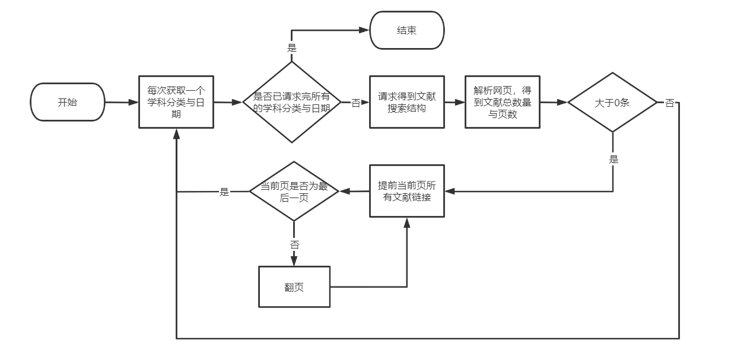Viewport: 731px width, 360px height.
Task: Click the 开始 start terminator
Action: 67,102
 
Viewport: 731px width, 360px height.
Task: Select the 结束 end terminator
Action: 406,30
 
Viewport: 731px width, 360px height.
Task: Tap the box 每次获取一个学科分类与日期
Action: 176,102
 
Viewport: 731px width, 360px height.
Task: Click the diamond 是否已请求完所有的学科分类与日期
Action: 291,102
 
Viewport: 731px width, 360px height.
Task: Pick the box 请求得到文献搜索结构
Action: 406,102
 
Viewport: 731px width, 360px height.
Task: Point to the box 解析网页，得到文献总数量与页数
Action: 503,102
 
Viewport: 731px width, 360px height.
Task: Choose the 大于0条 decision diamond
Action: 612,102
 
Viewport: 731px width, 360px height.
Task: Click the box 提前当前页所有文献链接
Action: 406,191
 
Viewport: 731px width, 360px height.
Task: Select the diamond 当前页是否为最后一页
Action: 294,191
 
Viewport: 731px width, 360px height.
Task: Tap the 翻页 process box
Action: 294,287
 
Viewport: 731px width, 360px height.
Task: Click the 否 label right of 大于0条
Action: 669,103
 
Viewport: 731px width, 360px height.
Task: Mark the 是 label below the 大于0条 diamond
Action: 613,159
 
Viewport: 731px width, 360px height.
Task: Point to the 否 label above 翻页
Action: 294,244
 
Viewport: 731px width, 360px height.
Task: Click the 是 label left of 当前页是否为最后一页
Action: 224,192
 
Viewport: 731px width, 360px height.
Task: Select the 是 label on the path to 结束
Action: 291,47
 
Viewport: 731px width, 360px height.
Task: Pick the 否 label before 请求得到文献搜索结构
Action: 355,103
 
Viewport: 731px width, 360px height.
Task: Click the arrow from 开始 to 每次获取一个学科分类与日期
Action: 122,102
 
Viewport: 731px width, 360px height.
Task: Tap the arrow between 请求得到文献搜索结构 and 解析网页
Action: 455,102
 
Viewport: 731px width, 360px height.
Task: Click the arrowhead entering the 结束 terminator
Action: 366,30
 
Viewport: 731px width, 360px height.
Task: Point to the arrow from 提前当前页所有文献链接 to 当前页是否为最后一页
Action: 354,191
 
